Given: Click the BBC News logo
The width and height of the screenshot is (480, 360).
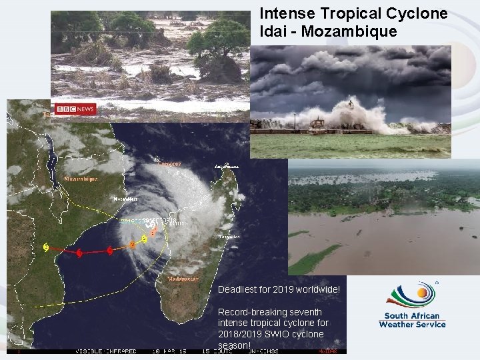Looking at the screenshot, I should pos(75,109).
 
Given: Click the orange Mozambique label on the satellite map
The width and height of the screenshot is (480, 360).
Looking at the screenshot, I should pos(81,179).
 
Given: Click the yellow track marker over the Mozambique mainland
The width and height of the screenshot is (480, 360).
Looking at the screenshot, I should pos(45,247).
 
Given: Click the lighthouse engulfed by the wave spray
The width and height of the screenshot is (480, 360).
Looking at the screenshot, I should pos(350,105).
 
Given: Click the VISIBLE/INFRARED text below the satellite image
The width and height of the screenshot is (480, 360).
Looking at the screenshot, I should pos(106,350).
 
